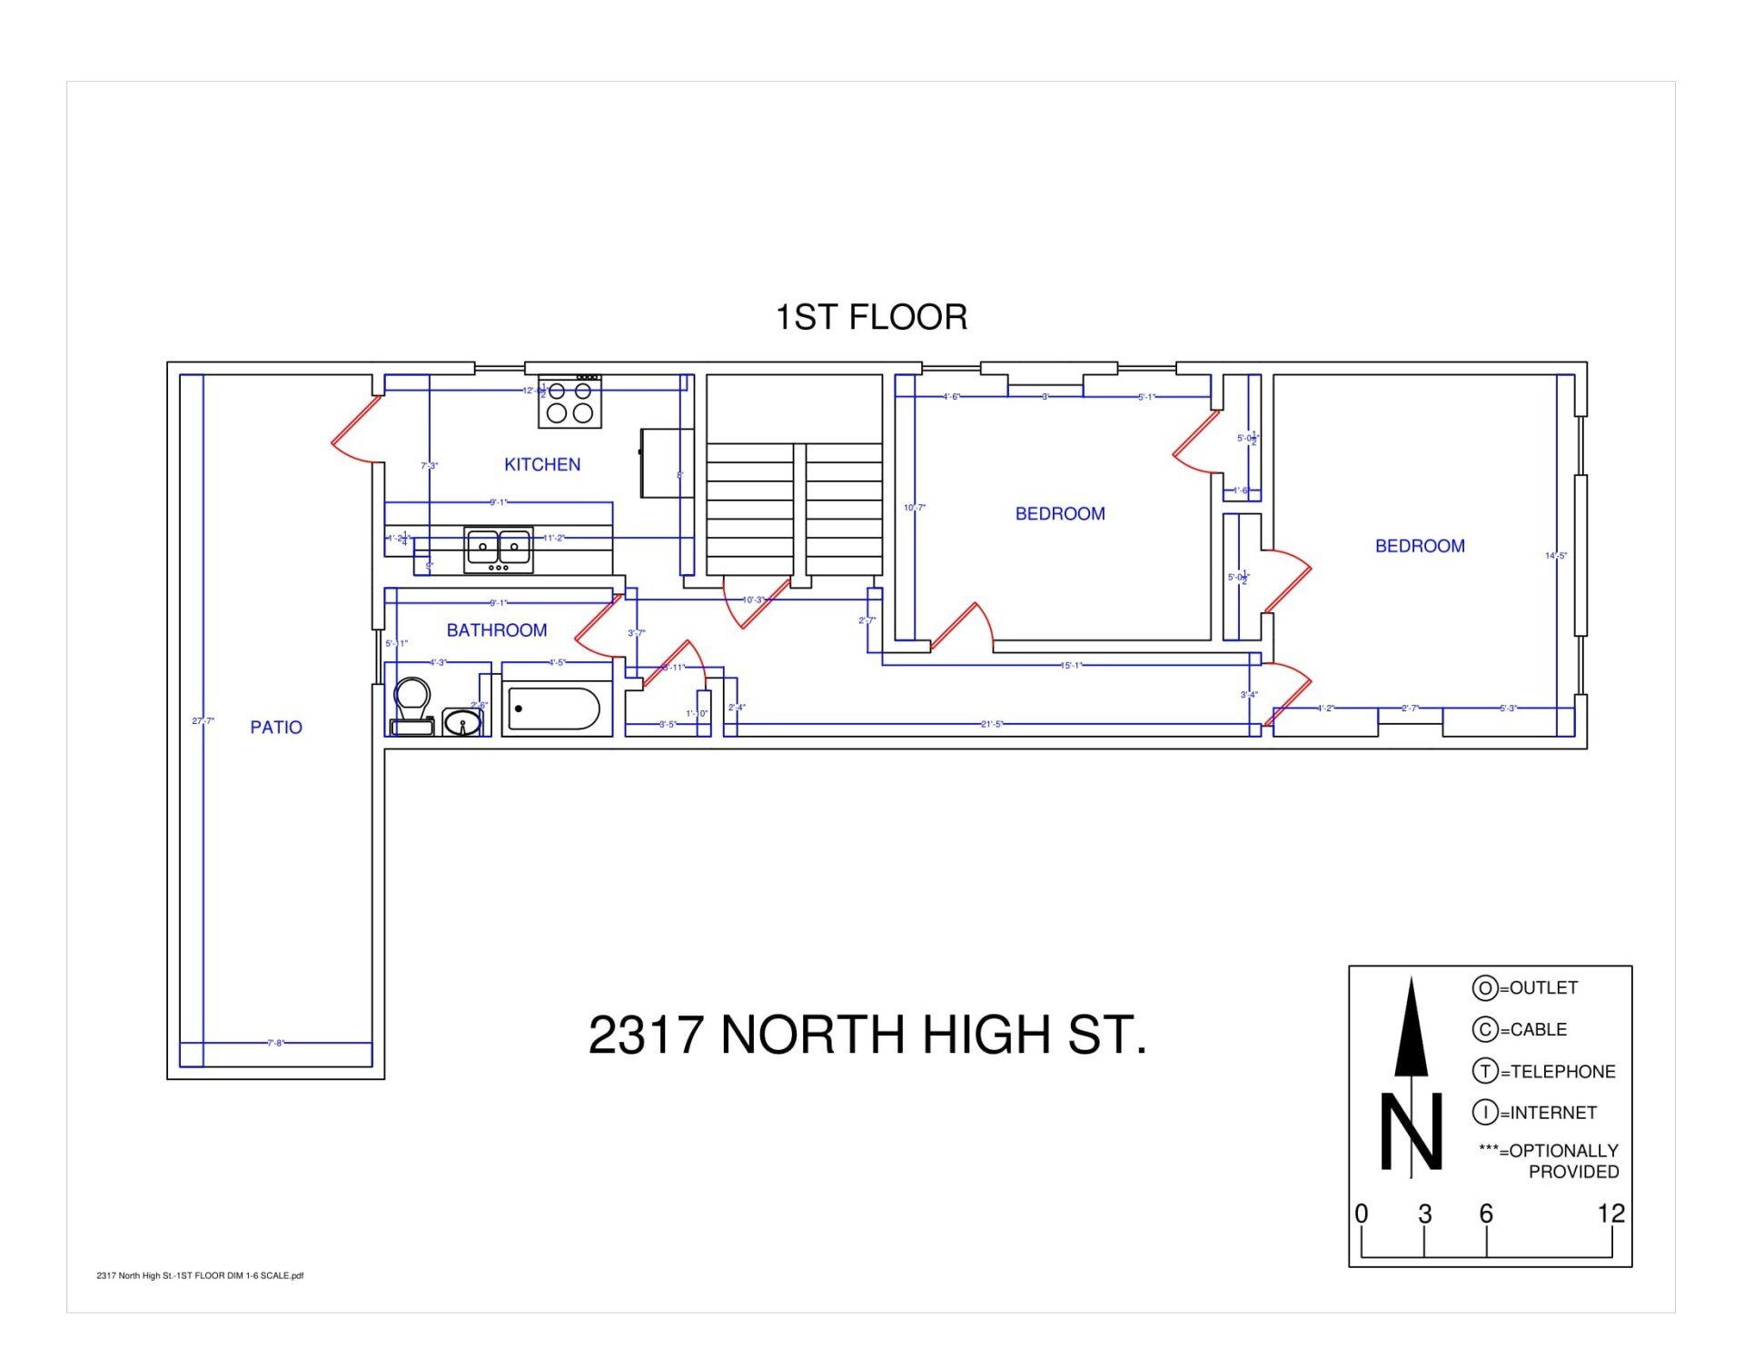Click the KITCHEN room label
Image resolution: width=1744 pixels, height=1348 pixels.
click(542, 464)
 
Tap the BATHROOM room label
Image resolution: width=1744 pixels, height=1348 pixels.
click(497, 630)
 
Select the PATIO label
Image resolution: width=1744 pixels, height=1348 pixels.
click(276, 727)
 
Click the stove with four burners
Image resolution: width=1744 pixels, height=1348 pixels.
click(570, 402)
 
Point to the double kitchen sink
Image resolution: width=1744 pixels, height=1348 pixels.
click(498, 548)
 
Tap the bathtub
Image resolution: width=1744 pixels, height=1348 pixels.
click(553, 709)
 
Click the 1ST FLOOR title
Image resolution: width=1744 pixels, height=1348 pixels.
click(871, 317)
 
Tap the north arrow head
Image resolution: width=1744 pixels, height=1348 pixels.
click(1412, 1026)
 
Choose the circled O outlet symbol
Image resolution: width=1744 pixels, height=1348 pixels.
click(1484, 987)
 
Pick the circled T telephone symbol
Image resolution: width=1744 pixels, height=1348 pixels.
click(1484, 1071)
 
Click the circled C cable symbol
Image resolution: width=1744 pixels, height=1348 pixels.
click(1484, 1029)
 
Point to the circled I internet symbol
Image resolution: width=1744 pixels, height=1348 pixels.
click(1484, 1112)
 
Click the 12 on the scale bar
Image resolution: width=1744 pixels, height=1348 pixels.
click(1610, 1214)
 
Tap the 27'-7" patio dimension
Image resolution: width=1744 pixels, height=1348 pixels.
click(203, 721)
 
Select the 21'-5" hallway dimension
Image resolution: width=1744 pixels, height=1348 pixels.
click(992, 724)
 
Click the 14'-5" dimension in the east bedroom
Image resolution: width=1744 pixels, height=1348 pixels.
click(1556, 556)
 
